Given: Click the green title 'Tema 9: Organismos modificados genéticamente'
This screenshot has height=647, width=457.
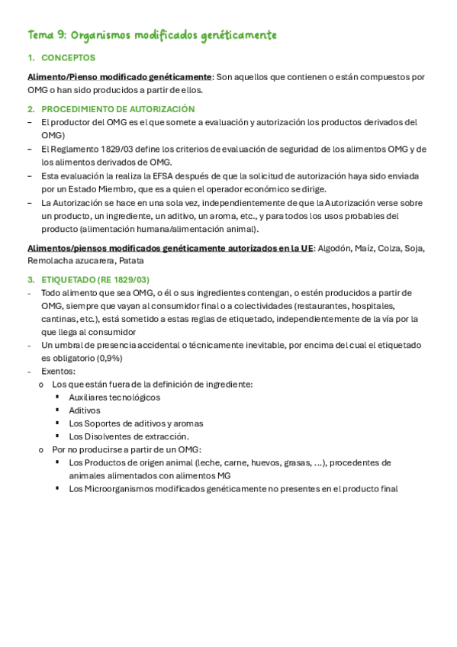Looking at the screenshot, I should [x=152, y=35].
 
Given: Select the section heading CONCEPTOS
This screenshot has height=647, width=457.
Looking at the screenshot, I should [x=68, y=58].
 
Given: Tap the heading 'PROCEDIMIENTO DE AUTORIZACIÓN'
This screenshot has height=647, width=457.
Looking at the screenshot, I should [x=118, y=109].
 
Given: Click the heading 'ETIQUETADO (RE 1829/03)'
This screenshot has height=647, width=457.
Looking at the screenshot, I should [x=95, y=280].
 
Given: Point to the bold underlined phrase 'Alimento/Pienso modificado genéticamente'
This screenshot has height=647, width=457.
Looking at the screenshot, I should [x=119, y=77].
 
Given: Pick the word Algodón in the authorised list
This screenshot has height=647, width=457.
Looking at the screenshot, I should [x=333, y=248].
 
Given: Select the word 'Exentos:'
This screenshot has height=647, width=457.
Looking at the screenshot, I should [x=58, y=371].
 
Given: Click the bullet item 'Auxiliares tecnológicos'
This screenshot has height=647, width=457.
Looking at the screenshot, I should [x=114, y=398].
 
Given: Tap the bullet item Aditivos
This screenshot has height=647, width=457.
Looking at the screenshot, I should [x=84, y=410].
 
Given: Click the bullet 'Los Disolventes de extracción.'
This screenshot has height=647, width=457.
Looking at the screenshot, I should [x=128, y=436].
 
